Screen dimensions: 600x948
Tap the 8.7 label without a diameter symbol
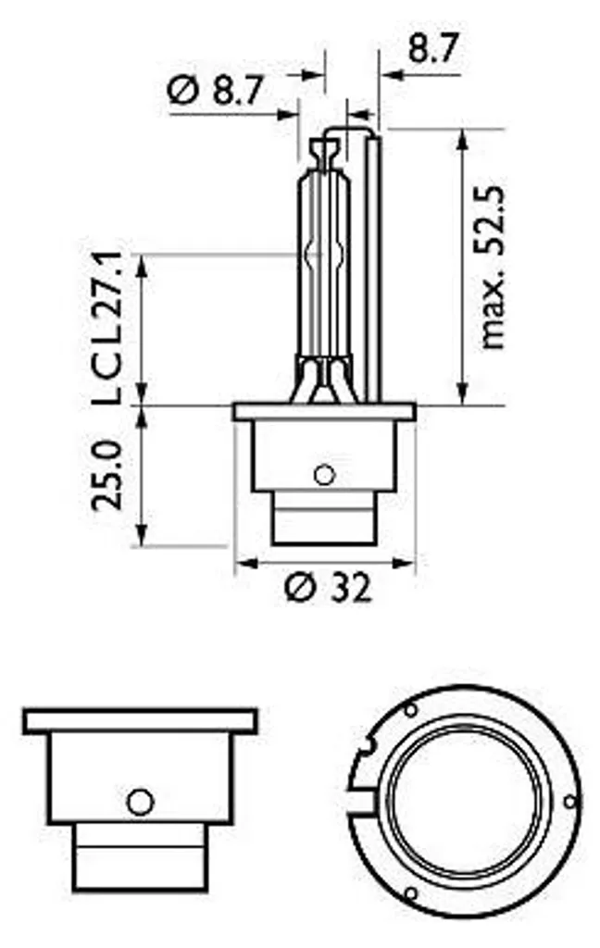point(432,49)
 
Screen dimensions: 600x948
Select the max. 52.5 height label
point(493,268)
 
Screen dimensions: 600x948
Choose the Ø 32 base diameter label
point(327,586)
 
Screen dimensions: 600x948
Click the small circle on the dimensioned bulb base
point(325,475)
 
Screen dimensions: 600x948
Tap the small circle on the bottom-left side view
point(141,803)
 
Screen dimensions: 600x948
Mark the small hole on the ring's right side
point(569,802)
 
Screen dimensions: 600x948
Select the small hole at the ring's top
point(410,710)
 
